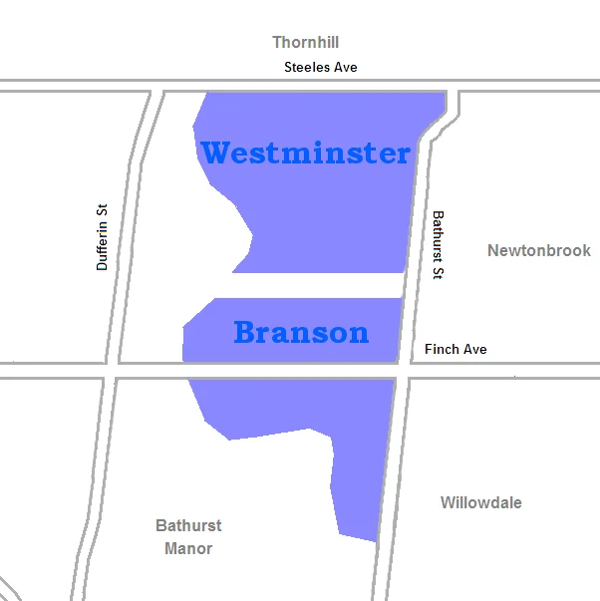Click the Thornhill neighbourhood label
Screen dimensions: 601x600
[x=306, y=42]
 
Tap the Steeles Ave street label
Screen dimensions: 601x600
[x=320, y=67]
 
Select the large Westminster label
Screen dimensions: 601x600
[x=306, y=153]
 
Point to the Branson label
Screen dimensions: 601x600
[x=301, y=332]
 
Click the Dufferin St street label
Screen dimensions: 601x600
[x=102, y=237]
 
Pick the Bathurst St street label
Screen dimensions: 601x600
[x=437, y=244]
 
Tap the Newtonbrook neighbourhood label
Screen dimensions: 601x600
[x=538, y=250]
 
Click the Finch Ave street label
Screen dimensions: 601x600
[x=455, y=349]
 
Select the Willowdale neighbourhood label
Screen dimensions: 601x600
[x=480, y=502]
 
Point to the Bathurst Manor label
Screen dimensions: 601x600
[x=188, y=536]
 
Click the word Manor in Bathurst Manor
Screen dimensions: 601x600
[x=188, y=548]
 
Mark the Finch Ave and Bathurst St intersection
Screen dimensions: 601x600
[x=405, y=370]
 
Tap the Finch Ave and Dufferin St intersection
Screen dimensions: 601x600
[x=112, y=370]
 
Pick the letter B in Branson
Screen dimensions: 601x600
[x=246, y=332]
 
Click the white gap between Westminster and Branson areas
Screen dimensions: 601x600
[x=309, y=285]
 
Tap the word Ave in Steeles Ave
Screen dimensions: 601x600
[x=344, y=67]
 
